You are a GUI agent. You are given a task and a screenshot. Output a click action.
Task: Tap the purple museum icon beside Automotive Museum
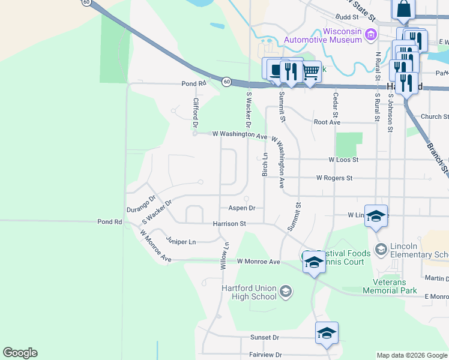(x=370, y=36)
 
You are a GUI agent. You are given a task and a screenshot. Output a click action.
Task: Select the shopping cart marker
(x=310, y=73)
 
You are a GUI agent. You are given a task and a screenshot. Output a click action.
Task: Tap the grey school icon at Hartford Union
(x=286, y=292)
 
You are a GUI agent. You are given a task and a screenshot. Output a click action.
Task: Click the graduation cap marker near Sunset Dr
(x=327, y=333)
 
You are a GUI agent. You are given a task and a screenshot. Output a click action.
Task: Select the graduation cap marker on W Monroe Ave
(x=314, y=262)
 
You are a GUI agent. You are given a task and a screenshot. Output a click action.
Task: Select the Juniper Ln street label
(x=181, y=242)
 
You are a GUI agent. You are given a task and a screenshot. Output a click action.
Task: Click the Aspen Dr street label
(x=242, y=208)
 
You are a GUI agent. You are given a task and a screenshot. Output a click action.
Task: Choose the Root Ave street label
(x=327, y=122)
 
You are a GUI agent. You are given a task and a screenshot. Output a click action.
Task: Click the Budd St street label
(x=347, y=17)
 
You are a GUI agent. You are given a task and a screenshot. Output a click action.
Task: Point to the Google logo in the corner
(x=20, y=353)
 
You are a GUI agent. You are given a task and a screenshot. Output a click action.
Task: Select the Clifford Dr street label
(x=195, y=113)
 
